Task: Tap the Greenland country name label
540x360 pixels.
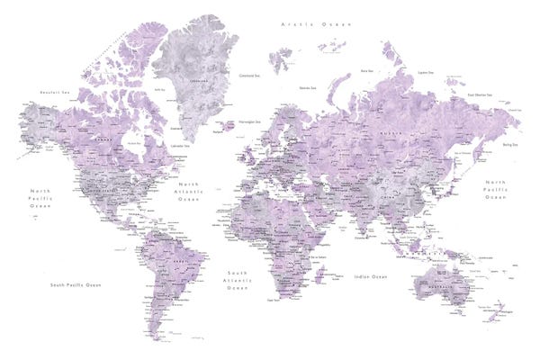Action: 190,79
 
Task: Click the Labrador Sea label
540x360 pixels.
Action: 182,144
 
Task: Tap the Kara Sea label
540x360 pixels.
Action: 366,69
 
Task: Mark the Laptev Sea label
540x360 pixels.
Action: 426,72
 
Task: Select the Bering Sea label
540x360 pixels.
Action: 512,143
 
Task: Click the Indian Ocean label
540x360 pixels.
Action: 370,276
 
